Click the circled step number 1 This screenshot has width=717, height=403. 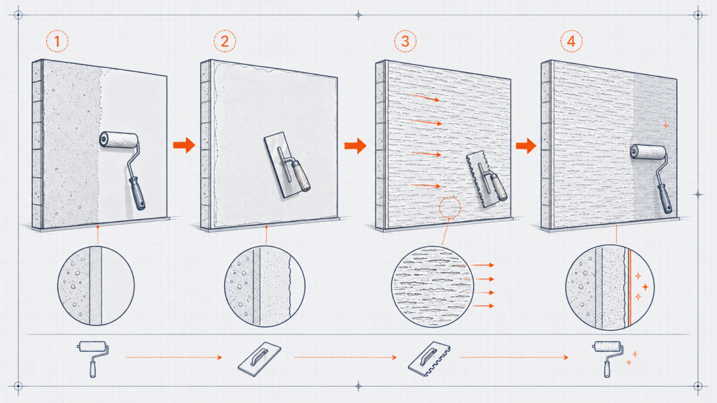click(57, 41)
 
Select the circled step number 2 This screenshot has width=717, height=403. click(225, 41)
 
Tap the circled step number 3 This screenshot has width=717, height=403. click(405, 41)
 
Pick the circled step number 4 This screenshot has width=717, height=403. click(571, 41)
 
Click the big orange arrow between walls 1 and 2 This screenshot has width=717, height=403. click(184, 146)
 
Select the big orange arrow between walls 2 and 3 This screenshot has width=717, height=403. click(355, 146)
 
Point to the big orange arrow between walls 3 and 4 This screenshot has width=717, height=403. click(527, 146)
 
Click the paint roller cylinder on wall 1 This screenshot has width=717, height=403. click(119, 140)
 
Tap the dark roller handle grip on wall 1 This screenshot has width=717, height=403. click(137, 193)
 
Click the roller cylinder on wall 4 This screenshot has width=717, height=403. click(648, 152)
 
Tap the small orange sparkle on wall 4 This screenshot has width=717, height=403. click(666, 125)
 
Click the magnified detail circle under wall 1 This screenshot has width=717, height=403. click(96, 286)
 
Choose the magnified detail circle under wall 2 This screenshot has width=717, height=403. click(265, 286)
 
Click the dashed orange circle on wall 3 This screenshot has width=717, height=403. click(450, 208)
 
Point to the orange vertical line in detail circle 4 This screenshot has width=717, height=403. click(629, 288)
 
